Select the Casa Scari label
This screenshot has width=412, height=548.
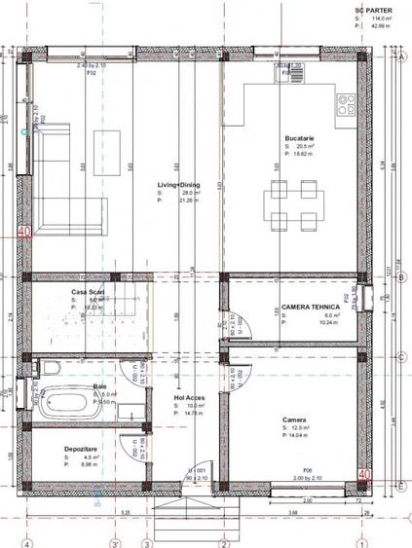88,291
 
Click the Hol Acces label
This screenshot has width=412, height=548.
187,396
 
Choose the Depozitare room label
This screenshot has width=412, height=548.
80,448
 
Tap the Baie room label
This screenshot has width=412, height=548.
99,385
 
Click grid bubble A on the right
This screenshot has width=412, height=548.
400,55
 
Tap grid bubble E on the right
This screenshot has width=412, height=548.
400,484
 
